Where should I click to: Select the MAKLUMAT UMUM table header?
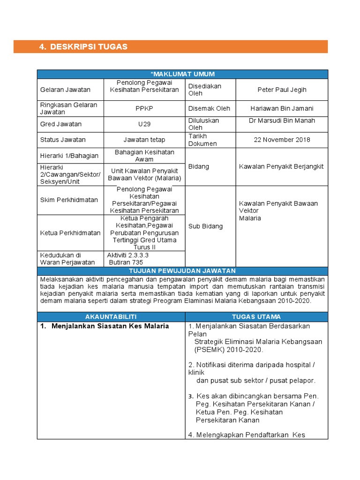pos(182,74)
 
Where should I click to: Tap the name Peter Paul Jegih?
pos(281,90)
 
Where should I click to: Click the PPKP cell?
pos(144,108)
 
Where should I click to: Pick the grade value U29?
pos(144,124)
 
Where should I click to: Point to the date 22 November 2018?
pos(282,140)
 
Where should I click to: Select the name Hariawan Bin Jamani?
pos(282,108)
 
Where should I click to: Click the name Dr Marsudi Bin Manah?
pos(282,120)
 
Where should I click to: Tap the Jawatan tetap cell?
pos(144,140)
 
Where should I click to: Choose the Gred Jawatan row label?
pos(61,124)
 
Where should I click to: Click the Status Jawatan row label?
pos(63,140)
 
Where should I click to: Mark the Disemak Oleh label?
pos(209,108)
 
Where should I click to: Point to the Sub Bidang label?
pos(205,226)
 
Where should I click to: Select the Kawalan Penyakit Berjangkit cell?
pos(281,166)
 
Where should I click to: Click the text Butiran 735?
pos(126,262)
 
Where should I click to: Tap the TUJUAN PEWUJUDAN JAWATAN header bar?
pos(182,271)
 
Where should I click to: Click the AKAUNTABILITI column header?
pos(111,316)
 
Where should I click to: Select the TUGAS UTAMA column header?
pos(256,316)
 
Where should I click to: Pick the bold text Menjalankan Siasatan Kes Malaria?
pos(110,326)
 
